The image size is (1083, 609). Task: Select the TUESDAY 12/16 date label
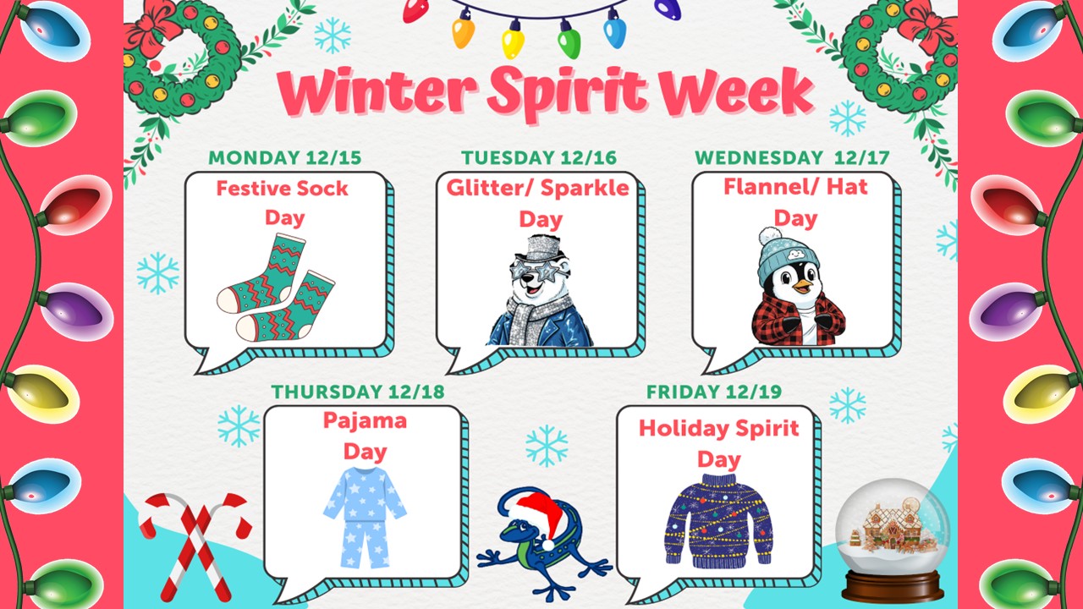click(x=539, y=158)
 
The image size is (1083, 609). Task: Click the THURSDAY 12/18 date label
click(x=357, y=392)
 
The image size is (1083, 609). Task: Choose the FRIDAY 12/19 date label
click(x=713, y=392)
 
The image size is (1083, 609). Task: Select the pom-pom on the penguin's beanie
click(x=768, y=236)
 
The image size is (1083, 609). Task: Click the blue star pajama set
click(x=365, y=516)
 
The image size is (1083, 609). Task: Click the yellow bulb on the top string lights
click(x=513, y=39)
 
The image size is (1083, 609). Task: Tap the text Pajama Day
click(x=365, y=435)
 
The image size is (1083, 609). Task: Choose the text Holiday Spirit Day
click(x=718, y=443)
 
